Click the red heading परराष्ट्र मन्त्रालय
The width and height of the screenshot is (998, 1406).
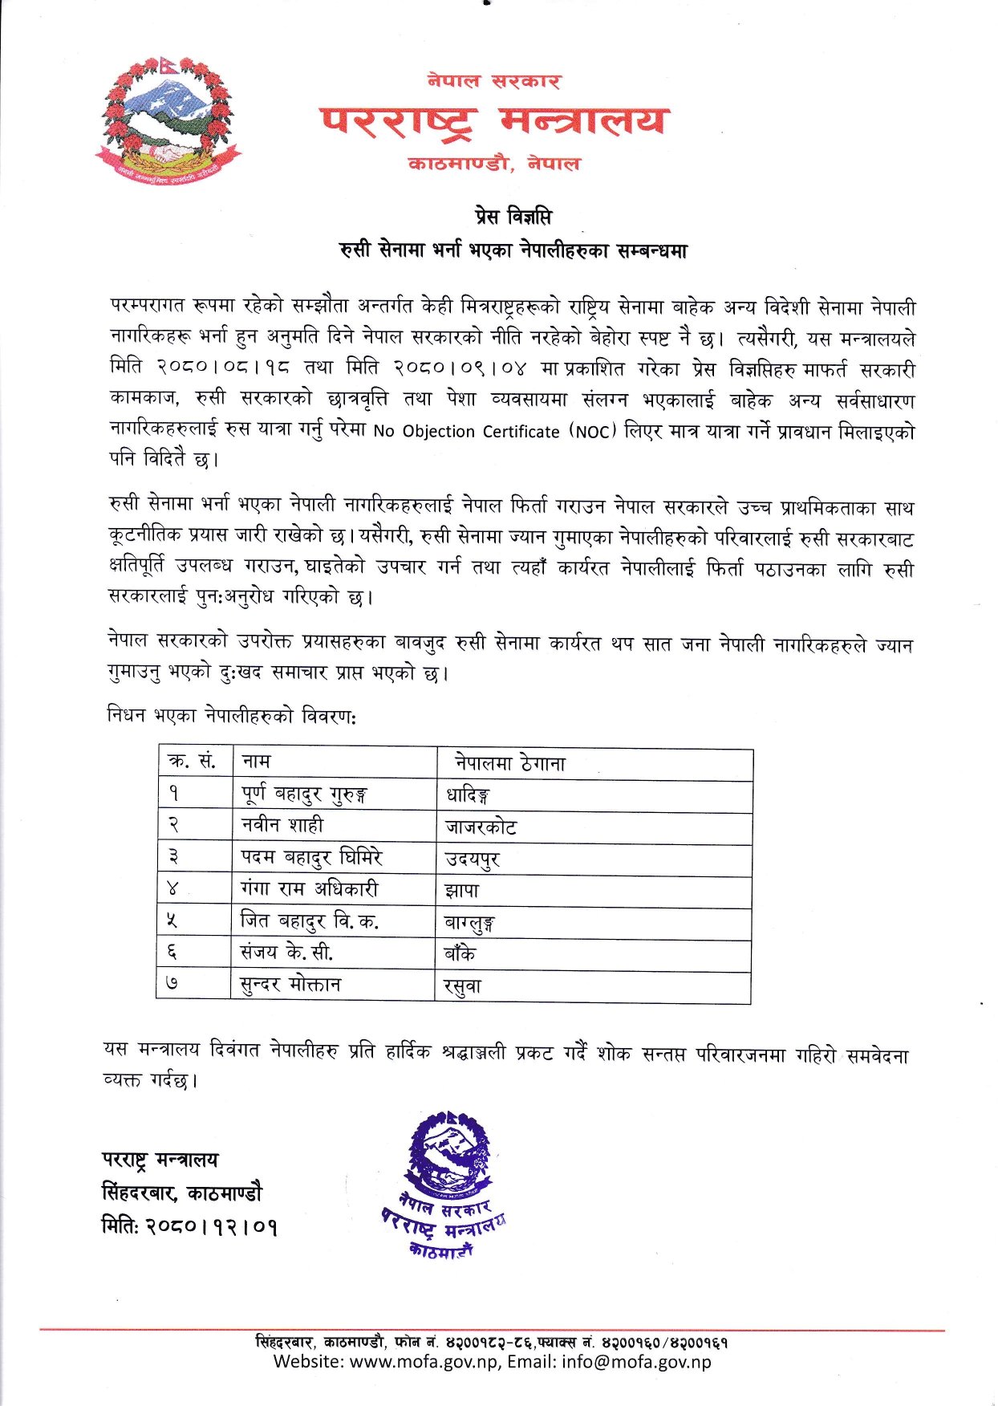tap(493, 120)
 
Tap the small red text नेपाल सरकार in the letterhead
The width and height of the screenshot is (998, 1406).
tap(493, 80)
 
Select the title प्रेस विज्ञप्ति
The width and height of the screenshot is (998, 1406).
tap(511, 217)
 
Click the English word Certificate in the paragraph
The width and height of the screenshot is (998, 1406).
tap(520, 432)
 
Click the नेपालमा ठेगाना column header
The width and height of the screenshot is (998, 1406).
tap(510, 763)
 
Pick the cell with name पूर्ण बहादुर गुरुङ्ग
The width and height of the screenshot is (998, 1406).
tap(304, 794)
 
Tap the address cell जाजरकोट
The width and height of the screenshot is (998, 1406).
tap(481, 827)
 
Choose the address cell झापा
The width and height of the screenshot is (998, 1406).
tap(463, 890)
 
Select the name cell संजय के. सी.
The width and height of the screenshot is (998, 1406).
tap(286, 953)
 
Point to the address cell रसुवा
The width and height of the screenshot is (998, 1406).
tap(463, 986)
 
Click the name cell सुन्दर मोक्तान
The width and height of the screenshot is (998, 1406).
tap(290, 985)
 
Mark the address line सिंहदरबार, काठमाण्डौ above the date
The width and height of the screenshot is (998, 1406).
tap(181, 1193)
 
